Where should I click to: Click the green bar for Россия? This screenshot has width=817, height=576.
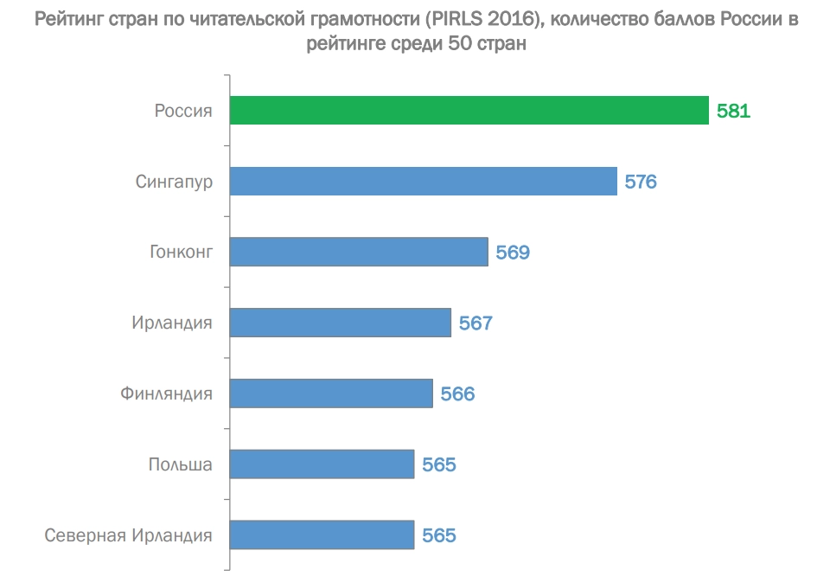(x=469, y=110)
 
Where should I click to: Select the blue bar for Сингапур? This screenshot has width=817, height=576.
(x=423, y=181)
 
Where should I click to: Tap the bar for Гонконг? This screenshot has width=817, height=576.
(x=359, y=252)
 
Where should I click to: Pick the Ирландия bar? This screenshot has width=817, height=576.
(x=340, y=323)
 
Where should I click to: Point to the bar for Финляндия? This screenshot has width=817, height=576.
(x=331, y=394)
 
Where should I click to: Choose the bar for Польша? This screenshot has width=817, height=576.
(x=322, y=464)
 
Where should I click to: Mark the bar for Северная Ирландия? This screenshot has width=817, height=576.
(x=322, y=534)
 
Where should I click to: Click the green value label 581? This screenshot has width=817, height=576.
(x=733, y=111)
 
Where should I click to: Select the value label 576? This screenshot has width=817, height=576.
(x=641, y=182)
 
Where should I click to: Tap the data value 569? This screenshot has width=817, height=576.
(x=512, y=253)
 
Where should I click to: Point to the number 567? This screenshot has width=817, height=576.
(x=475, y=323)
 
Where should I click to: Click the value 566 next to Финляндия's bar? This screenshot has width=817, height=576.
(x=457, y=394)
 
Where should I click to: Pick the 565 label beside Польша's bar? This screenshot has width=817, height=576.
(x=438, y=465)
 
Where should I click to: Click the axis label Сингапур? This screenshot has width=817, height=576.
(x=174, y=182)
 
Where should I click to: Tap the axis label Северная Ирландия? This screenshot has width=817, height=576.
(x=128, y=535)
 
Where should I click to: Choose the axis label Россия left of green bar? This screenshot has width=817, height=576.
(x=183, y=111)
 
